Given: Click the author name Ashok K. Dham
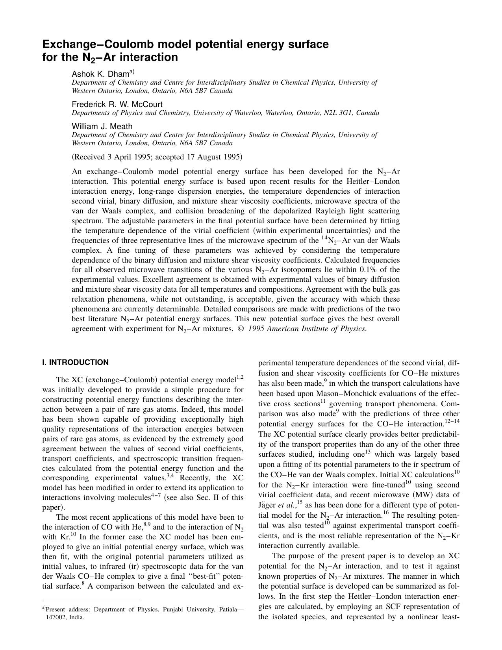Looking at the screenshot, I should [100, 74].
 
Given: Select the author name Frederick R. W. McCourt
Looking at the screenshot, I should [117, 104].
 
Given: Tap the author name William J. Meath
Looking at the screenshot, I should [102, 126].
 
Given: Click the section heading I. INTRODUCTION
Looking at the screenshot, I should [75, 362].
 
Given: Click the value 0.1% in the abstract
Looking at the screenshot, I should [369, 270].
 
